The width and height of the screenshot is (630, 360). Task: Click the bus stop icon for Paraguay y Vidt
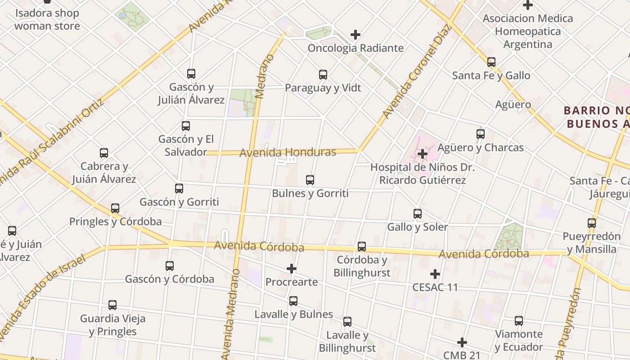[x=323, y=75]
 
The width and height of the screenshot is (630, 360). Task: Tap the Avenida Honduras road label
[x=288, y=153]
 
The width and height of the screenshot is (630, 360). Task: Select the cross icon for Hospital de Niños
[x=422, y=154]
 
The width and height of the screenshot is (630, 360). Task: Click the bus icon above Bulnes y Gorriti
[x=310, y=180]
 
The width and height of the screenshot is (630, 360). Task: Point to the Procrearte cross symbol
[x=292, y=269]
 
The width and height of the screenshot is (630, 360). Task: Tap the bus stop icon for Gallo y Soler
[x=418, y=214]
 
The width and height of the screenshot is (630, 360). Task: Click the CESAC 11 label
[x=435, y=287]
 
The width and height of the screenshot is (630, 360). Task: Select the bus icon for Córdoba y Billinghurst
[x=361, y=247]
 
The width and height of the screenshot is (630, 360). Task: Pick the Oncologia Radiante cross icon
[x=355, y=35]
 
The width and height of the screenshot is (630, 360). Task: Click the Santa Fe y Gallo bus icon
[x=491, y=62]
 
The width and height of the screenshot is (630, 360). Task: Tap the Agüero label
[x=513, y=105]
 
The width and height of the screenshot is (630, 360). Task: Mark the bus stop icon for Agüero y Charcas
[x=480, y=134]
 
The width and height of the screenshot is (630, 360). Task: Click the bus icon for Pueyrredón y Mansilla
[x=591, y=223]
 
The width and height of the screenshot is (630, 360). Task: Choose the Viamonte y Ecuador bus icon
[x=518, y=321]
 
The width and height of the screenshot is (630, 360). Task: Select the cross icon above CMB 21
[x=462, y=342]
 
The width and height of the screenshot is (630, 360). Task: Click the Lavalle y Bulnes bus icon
[x=293, y=301]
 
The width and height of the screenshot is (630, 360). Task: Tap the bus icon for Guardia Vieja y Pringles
[x=112, y=305]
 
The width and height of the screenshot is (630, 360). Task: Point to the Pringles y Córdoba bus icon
[x=115, y=208]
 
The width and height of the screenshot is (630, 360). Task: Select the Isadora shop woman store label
[x=47, y=19]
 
